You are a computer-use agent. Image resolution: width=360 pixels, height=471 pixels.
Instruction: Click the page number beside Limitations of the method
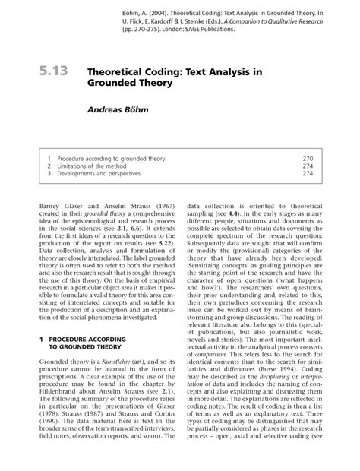308,165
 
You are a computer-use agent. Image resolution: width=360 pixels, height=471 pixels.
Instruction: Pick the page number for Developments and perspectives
308,173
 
